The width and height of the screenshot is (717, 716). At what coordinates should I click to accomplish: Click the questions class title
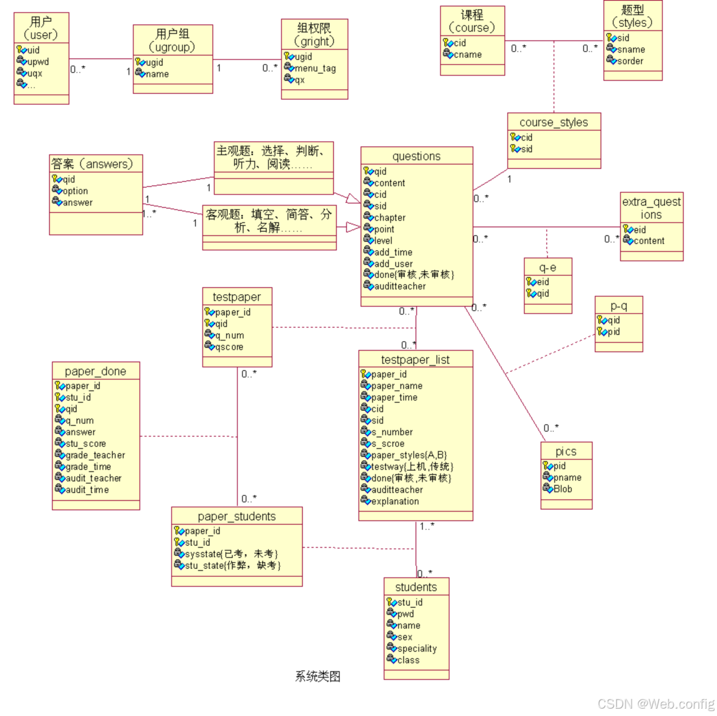416,156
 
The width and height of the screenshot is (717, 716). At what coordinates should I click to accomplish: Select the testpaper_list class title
415,360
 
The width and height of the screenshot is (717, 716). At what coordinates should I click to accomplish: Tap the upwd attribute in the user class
38,62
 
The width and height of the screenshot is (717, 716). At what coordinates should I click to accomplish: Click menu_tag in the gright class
315,68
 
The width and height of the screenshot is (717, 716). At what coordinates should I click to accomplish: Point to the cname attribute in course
468,54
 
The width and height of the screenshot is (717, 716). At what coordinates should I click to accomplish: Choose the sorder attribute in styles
630,61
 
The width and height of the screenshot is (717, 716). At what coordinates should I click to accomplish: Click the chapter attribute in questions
390,217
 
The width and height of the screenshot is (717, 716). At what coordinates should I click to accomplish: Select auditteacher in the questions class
400,286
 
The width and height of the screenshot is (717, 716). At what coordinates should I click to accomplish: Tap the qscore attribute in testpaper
229,347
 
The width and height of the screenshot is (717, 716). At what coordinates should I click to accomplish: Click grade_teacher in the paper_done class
95,455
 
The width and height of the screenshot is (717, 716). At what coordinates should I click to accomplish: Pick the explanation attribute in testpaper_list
395,501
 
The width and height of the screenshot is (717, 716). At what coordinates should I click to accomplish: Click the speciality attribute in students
417,648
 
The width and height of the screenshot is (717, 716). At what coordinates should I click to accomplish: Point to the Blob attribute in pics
563,489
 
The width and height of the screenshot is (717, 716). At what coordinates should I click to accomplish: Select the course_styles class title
554,123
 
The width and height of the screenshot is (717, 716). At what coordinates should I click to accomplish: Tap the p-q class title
619,306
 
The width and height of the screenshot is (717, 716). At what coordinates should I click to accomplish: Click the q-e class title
548,267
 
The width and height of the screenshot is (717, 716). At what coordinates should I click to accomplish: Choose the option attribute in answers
75,191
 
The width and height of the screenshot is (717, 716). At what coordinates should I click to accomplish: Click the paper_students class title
237,516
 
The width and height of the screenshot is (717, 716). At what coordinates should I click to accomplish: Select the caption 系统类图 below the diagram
318,676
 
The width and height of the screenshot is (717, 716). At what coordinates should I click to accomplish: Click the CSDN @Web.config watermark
656,704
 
